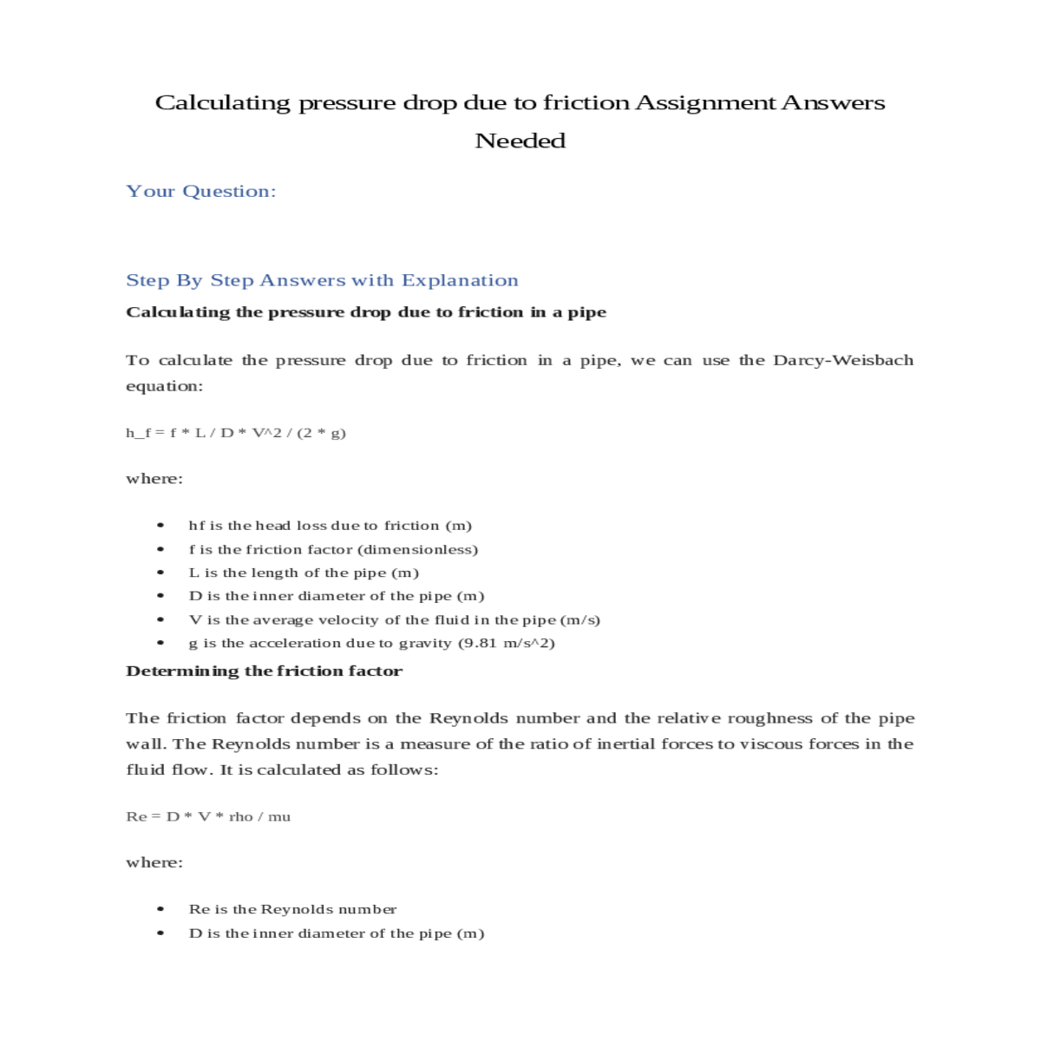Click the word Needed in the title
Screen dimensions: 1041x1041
520,141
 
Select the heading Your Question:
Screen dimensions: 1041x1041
201,192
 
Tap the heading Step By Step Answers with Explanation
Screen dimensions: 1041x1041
322,280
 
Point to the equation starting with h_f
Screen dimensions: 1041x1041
236,432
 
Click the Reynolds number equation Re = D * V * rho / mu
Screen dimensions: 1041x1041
208,816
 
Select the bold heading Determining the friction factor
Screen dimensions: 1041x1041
264,671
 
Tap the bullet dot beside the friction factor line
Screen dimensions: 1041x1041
160,549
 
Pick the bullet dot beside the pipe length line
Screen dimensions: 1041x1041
160,573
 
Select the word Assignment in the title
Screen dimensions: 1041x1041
705,103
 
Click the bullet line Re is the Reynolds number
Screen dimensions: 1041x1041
292,909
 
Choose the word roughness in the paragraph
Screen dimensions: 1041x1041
770,718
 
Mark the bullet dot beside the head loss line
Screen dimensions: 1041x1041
160,526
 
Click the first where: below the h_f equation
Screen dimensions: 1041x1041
154,479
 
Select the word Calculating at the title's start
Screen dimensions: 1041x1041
223,103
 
